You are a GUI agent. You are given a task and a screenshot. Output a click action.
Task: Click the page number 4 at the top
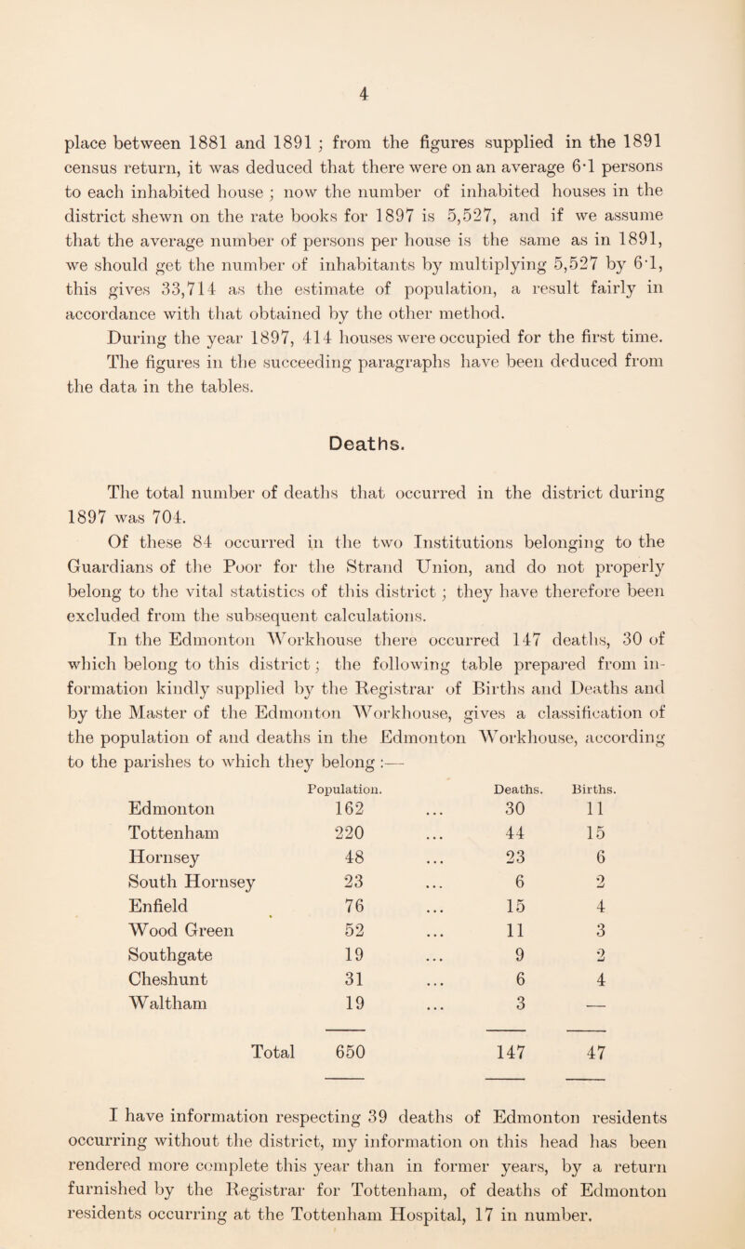click(x=373, y=92)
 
